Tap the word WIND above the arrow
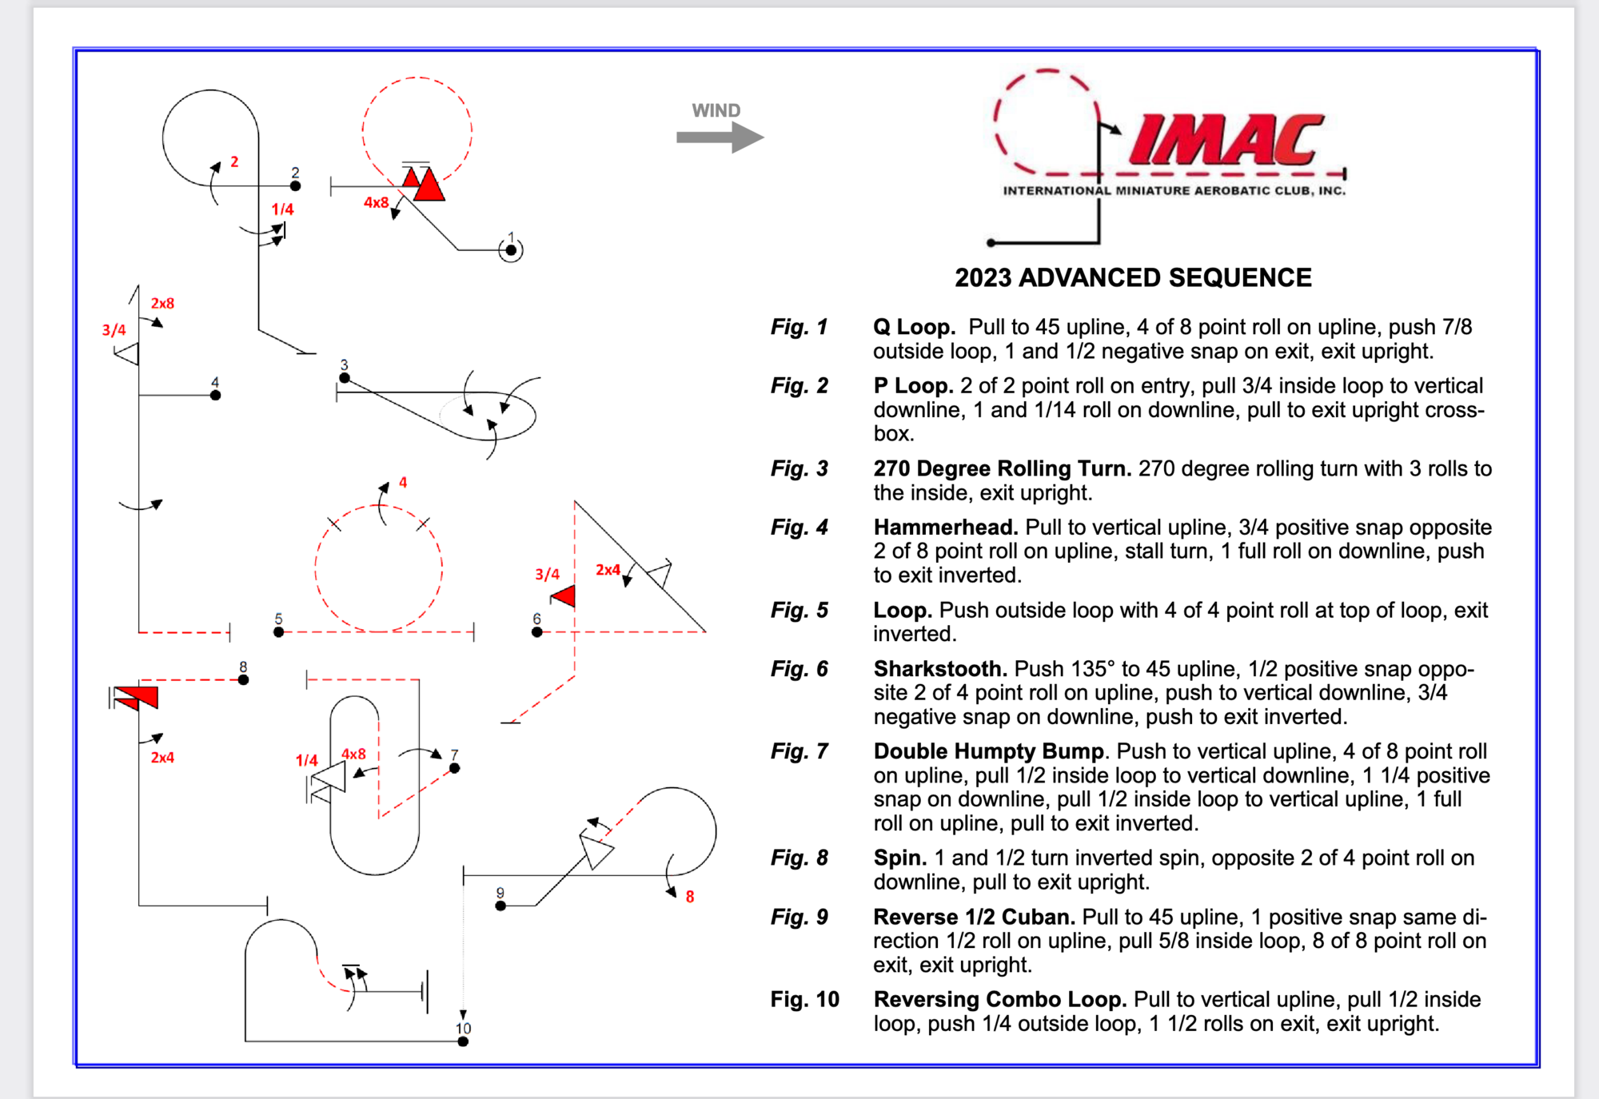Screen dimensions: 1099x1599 point(716,110)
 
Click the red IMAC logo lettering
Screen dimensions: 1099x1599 point(1226,140)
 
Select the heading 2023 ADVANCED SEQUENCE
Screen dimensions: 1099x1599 point(1133,277)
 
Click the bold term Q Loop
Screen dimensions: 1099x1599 point(914,327)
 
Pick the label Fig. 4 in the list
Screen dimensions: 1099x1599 point(799,528)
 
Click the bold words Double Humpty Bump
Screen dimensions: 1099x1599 point(990,751)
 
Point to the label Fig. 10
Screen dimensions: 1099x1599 point(804,999)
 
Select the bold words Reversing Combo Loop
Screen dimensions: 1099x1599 point(999,999)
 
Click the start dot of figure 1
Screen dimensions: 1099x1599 point(511,250)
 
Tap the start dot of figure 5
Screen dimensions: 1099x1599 point(278,632)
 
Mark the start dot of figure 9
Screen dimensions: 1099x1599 point(500,906)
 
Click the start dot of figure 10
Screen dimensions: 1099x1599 point(463,1041)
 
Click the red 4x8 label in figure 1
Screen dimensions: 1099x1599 point(376,202)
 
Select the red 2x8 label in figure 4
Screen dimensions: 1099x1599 point(162,304)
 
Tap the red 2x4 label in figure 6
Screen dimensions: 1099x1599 point(608,570)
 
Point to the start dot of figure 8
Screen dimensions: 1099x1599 point(243,679)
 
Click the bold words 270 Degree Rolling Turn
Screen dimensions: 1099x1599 point(1002,468)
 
